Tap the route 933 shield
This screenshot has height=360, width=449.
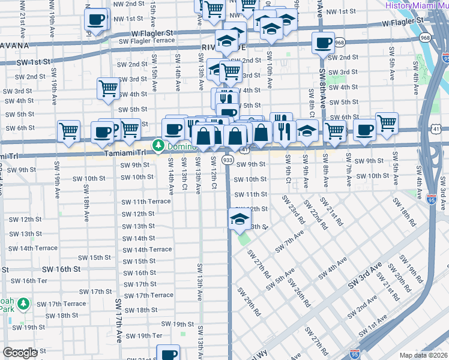pyautogui.click(x=228, y=160)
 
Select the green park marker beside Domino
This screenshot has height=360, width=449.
pyautogui.click(x=158, y=146)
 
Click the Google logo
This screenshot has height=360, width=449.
pyautogui.click(x=20, y=353)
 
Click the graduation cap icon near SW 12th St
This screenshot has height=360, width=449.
pyautogui.click(x=239, y=220)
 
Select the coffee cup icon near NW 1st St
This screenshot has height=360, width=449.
pyautogui.click(x=95, y=19)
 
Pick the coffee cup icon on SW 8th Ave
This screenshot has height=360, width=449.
pyautogui.click(x=323, y=43)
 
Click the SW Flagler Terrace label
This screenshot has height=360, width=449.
pyautogui.click(x=146, y=41)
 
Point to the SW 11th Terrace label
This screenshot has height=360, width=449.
pyautogui.click(x=146, y=202)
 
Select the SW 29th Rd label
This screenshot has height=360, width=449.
pyautogui.click(x=249, y=301)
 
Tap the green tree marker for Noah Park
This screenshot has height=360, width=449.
pyautogui.click(x=23, y=304)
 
